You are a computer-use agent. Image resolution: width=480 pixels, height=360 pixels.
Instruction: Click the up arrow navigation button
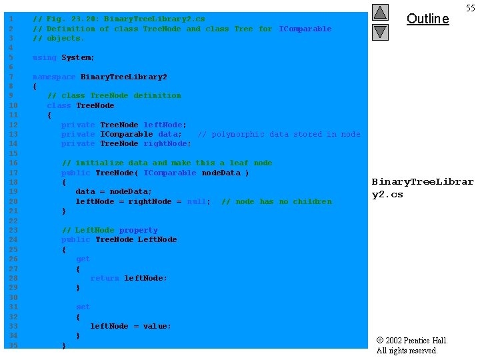(x=380, y=12)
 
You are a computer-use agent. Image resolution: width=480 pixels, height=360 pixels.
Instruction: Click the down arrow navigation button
(x=380, y=31)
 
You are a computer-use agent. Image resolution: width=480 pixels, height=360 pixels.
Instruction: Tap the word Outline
(x=427, y=19)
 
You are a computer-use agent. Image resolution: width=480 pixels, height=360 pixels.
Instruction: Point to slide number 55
(x=470, y=7)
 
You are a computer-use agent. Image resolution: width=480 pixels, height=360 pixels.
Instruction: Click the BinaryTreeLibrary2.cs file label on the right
(x=422, y=188)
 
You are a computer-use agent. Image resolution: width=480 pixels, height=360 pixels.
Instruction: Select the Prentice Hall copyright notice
(x=411, y=345)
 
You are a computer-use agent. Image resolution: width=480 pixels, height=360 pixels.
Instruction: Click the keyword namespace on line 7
(x=54, y=77)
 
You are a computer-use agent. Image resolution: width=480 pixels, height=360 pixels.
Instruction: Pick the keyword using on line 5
(x=45, y=58)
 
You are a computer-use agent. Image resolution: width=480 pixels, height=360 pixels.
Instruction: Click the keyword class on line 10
(x=59, y=105)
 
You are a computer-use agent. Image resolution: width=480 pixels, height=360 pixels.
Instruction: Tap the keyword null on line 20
(x=197, y=201)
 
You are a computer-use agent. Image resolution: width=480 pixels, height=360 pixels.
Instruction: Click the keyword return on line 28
(x=105, y=278)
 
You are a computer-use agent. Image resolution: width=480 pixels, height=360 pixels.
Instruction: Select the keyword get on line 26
(x=83, y=259)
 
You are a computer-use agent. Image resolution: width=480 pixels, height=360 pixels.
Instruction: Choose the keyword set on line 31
(x=83, y=307)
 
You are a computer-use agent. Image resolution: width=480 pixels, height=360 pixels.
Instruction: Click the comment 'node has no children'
(x=276, y=201)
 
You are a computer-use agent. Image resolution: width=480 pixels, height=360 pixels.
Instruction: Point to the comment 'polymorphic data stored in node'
(x=279, y=134)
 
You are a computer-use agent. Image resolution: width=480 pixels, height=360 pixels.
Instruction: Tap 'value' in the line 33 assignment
(x=157, y=326)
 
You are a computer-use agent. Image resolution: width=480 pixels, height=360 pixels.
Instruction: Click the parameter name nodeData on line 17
(x=221, y=173)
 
